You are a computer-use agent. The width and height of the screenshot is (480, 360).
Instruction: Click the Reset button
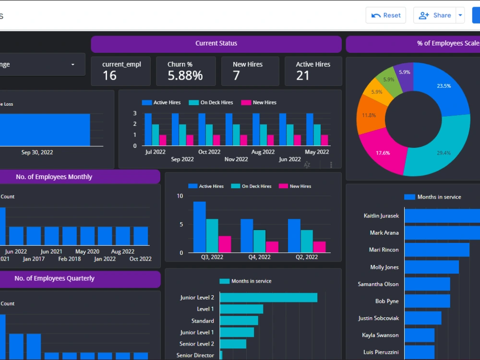click(386, 15)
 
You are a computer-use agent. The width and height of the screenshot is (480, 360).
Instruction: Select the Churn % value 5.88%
click(185, 75)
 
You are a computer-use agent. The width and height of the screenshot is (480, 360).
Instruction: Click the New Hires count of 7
click(236, 75)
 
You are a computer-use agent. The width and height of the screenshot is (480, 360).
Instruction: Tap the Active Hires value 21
click(302, 75)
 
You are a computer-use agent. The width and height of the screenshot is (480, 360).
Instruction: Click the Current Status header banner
click(216, 44)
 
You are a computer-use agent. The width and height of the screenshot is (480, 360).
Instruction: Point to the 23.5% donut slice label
click(444, 86)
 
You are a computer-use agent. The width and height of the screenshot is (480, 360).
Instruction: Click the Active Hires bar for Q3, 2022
click(199, 227)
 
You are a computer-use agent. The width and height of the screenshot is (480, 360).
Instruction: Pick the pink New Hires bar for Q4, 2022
click(272, 247)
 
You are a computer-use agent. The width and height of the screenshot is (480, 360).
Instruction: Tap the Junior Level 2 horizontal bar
click(268, 298)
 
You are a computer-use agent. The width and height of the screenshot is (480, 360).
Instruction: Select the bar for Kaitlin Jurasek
click(442, 216)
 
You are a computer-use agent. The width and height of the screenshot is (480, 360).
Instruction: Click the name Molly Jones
click(384, 267)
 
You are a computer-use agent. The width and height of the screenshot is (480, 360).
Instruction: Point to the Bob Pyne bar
click(427, 301)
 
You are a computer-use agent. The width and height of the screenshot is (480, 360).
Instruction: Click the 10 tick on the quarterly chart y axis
click(180, 196)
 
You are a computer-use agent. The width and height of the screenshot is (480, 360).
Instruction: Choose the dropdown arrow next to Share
click(460, 15)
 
